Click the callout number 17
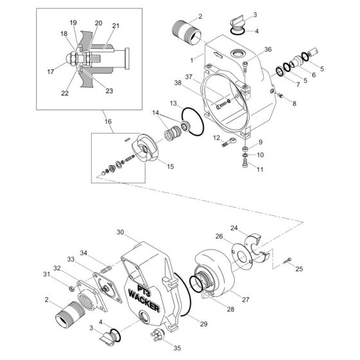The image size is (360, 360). [x=51, y=72]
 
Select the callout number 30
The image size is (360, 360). [x=120, y=232]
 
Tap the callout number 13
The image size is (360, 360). [x=174, y=104]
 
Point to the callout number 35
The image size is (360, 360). [x=177, y=348]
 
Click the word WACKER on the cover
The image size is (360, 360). [x=144, y=301]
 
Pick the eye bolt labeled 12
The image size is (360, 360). [x=229, y=142]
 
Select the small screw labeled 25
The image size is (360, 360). [x=287, y=260]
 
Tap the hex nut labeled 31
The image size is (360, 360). [x=71, y=289]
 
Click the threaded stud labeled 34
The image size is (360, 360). [x=107, y=269]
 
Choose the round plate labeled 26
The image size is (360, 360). [x=242, y=256]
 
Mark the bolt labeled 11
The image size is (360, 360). [x=245, y=164]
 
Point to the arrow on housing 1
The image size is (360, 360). [x=218, y=55]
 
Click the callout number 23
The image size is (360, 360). [x=109, y=91]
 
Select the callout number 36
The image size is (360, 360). [x=267, y=50]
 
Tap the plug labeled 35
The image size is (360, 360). [x=157, y=333]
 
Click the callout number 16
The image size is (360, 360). [x=108, y=122]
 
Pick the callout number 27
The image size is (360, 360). [x=246, y=300]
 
